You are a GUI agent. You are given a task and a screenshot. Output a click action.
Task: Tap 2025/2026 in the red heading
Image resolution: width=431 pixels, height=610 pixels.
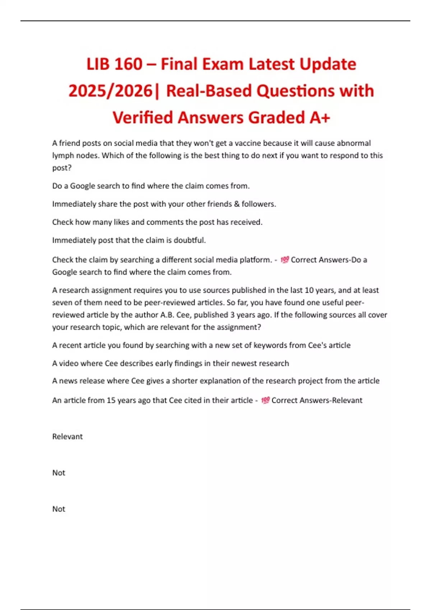pyautogui.click(x=111, y=91)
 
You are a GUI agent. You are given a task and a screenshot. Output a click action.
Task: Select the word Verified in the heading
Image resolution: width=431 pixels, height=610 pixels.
pyautogui.click(x=142, y=118)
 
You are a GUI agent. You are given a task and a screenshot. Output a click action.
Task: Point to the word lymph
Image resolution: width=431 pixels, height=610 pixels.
pyautogui.click(x=62, y=156)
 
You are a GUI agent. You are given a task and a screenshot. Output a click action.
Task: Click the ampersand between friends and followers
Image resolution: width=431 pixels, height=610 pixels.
pyautogui.click(x=237, y=204)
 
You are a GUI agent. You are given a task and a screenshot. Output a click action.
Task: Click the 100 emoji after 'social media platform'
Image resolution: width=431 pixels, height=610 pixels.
pyautogui.click(x=284, y=259)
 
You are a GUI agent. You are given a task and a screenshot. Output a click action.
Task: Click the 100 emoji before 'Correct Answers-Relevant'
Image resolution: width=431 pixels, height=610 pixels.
pyautogui.click(x=265, y=400)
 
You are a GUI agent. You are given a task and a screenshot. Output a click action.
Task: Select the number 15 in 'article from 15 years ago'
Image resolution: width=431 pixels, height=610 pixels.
pyautogui.click(x=111, y=400)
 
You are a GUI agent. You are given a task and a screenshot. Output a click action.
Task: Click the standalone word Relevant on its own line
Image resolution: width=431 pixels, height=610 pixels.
pyautogui.click(x=68, y=436)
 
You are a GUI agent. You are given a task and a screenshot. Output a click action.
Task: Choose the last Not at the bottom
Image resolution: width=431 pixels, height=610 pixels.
pyautogui.click(x=59, y=509)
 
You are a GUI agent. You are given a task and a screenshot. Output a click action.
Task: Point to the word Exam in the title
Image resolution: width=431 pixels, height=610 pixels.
pyautogui.click(x=223, y=65)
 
